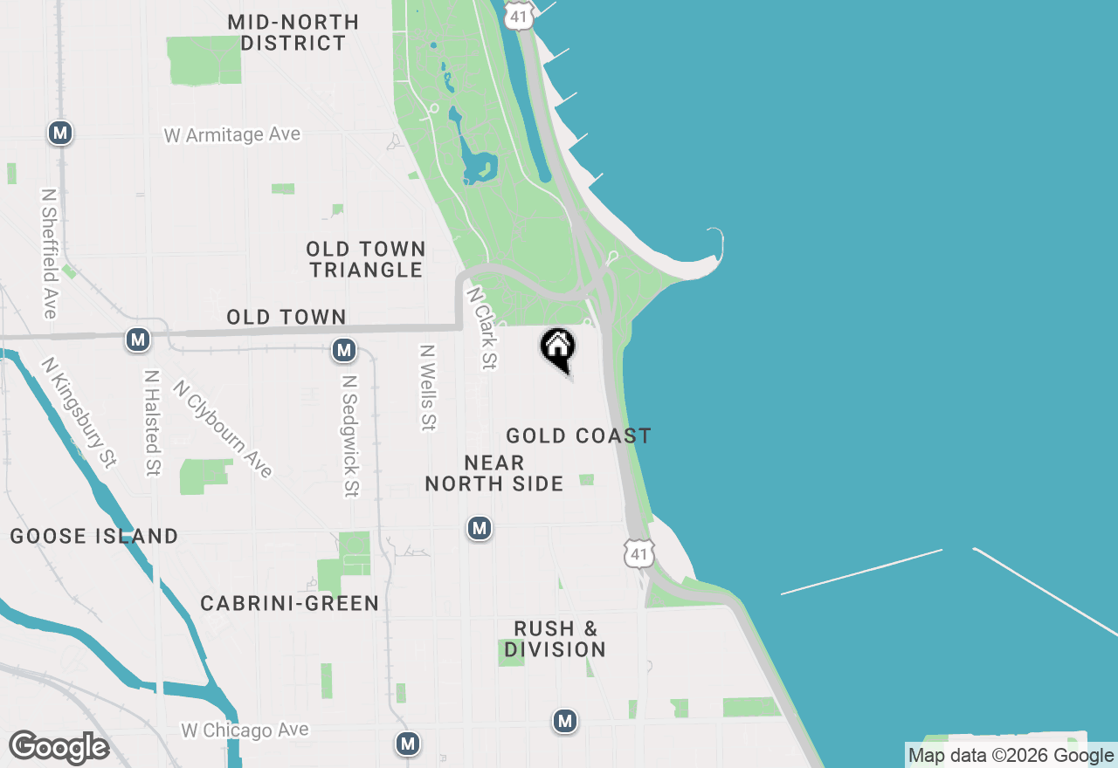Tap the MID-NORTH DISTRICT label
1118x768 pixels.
(293, 32)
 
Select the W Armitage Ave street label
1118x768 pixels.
(232, 135)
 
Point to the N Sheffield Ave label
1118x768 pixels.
(49, 253)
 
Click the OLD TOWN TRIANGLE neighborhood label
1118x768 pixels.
(366, 259)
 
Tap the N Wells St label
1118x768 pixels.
(427, 387)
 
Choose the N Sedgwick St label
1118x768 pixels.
(350, 436)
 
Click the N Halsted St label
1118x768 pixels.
(153, 422)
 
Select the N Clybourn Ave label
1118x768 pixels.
(223, 429)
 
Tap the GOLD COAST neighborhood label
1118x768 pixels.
(578, 435)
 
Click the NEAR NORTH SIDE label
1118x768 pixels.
(494, 473)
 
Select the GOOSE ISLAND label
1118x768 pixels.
(94, 536)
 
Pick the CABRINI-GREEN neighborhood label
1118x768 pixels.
(290, 603)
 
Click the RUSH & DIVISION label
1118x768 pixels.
(556, 639)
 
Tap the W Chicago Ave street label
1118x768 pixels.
(245, 730)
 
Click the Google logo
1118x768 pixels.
(59, 747)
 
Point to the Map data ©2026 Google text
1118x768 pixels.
(1011, 756)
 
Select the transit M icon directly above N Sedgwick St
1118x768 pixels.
(344, 351)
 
